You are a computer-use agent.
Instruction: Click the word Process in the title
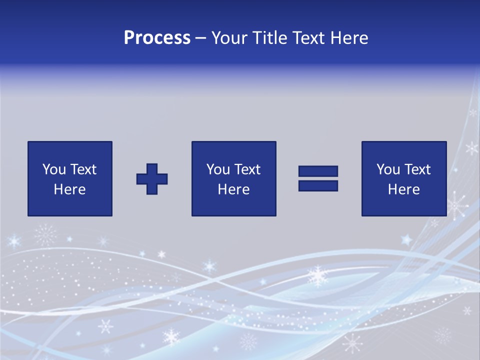[x=157, y=38]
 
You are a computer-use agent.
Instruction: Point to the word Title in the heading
[x=268, y=38]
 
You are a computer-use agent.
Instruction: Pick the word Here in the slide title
[x=349, y=38]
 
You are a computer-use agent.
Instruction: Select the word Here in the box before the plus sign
[x=69, y=189]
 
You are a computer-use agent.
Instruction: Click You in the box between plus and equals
[x=217, y=169]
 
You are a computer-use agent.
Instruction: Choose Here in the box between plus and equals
[x=233, y=189]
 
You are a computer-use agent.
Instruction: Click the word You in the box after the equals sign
[x=387, y=169]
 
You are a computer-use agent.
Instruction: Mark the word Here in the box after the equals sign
[x=403, y=189]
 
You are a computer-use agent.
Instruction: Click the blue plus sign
[x=152, y=179]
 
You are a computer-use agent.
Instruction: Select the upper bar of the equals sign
[x=318, y=171]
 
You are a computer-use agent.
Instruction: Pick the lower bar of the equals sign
[x=318, y=185]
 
